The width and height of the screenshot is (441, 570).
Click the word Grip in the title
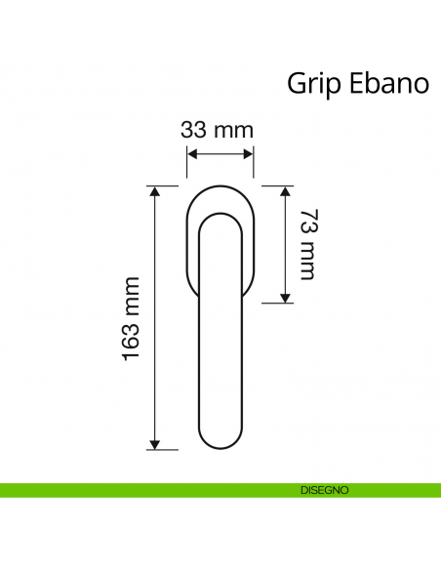(x=312, y=82)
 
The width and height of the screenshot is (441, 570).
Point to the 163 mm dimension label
(x=133, y=317)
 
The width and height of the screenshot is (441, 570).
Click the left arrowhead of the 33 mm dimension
(x=191, y=153)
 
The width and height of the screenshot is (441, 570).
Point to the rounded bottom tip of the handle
(x=220, y=448)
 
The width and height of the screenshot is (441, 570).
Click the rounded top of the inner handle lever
(x=220, y=217)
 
